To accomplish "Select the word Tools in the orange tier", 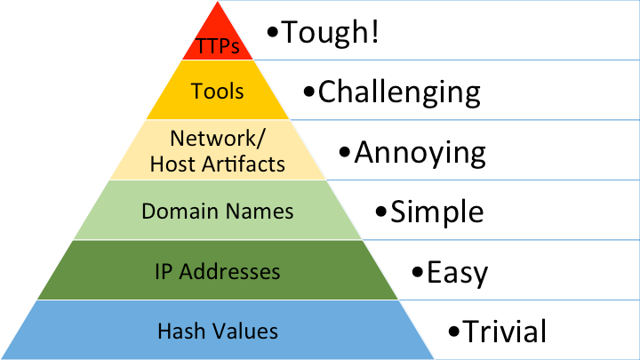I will (218, 91).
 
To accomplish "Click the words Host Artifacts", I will (218, 164).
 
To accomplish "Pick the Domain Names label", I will (218, 212).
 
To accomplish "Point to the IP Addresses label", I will (218, 271).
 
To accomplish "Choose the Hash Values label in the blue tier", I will (218, 332).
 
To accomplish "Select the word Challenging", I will (399, 92).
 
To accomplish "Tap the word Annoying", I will (420, 152).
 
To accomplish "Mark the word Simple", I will (437, 212).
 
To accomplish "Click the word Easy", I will (457, 271).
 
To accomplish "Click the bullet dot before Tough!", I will (274, 35).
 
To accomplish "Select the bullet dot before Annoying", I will (346, 153).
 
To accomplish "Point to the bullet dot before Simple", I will (381, 213).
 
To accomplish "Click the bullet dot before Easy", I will (418, 273).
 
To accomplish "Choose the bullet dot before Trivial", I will (454, 333).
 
